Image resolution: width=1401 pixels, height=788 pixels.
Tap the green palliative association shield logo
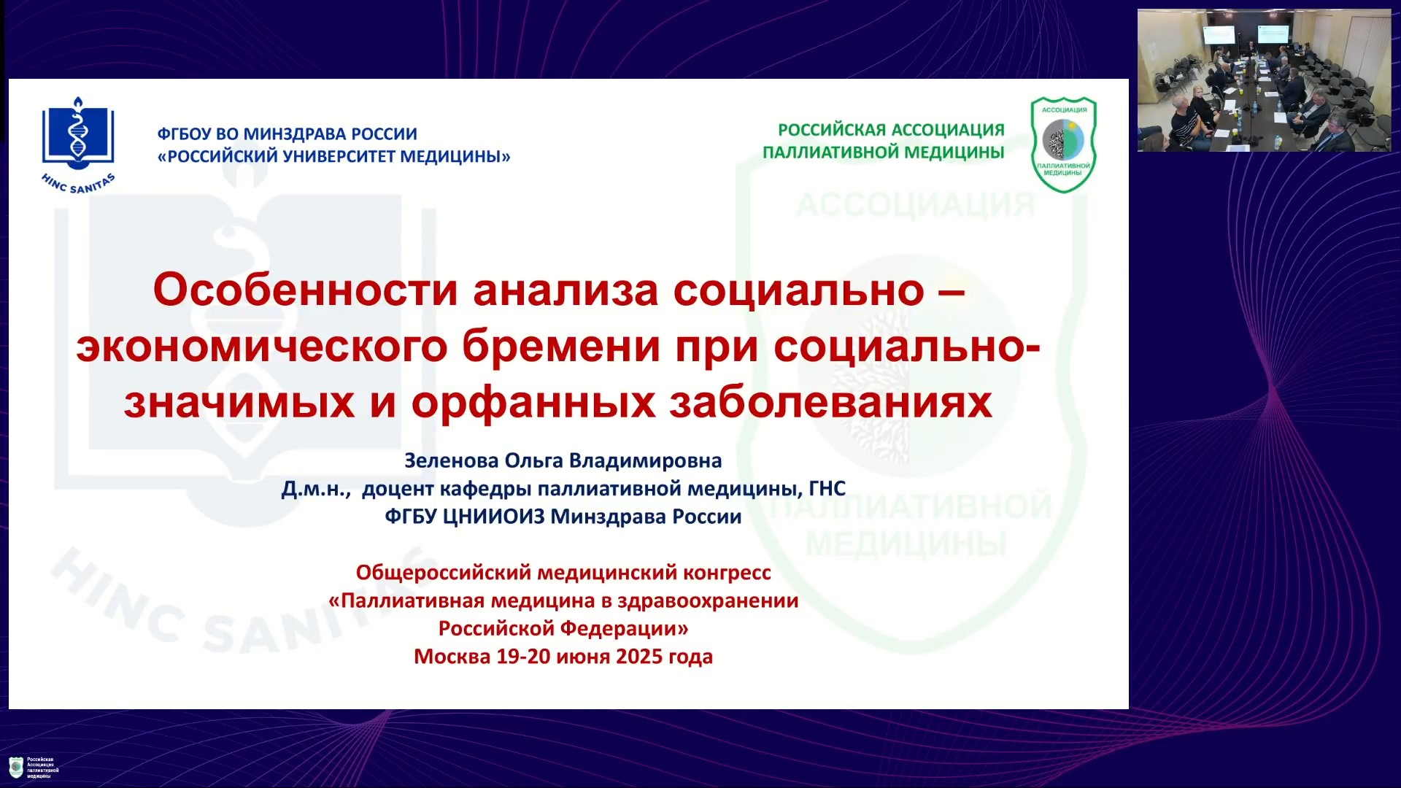[1063, 144]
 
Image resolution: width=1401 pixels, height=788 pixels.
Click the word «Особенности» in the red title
[306, 290]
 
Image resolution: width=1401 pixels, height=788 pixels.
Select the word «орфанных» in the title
[533, 402]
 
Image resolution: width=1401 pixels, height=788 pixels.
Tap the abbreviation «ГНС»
[827, 489]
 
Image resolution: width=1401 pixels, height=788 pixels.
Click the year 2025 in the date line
[638, 657]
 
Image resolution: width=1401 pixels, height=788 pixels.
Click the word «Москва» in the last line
[452, 657]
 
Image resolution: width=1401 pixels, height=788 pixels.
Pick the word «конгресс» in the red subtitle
[727, 573]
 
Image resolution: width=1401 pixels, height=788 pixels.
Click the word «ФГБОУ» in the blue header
[184, 134]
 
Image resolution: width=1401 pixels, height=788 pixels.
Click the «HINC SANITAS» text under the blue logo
[78, 184]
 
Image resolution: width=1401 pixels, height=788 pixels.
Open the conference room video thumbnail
[1264, 80]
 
